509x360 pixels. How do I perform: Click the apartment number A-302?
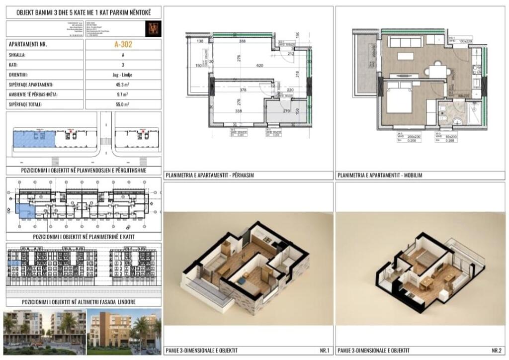(123, 44)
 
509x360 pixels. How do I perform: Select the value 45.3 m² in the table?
(123, 85)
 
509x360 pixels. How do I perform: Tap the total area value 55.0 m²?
(123, 104)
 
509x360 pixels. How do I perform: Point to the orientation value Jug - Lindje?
(123, 75)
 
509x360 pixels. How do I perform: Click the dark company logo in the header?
(152, 28)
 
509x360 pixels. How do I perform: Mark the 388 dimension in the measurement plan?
(244, 41)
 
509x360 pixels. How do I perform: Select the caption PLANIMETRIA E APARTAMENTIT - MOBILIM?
(380, 176)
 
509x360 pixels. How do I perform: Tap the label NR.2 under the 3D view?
(496, 351)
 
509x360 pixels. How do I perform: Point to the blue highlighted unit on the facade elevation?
(15, 264)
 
